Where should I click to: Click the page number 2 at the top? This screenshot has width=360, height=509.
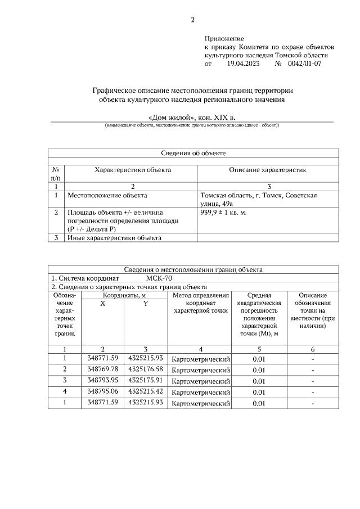pos(192,20)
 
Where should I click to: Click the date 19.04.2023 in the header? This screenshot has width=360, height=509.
pos(243,65)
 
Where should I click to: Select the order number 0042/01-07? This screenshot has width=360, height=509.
pos(304,65)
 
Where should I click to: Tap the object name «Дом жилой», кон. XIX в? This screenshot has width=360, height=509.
pos(192,117)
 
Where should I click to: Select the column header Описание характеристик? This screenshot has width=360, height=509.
pos(267,170)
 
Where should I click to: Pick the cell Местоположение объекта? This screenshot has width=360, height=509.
pos(107,196)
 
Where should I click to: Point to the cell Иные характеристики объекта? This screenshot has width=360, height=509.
pos(114,238)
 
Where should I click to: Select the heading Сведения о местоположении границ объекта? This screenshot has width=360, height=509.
pos(193,269)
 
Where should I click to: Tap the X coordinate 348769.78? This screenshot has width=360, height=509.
pos(103,369)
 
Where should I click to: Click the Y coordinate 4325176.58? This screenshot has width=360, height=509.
pos(146,369)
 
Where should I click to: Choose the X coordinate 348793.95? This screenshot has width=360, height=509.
pos(103,380)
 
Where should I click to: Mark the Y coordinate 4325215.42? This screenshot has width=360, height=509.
pos(146,391)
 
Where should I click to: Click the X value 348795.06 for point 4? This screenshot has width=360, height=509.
pos(103,391)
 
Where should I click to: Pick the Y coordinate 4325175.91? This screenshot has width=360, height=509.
pos(146,380)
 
